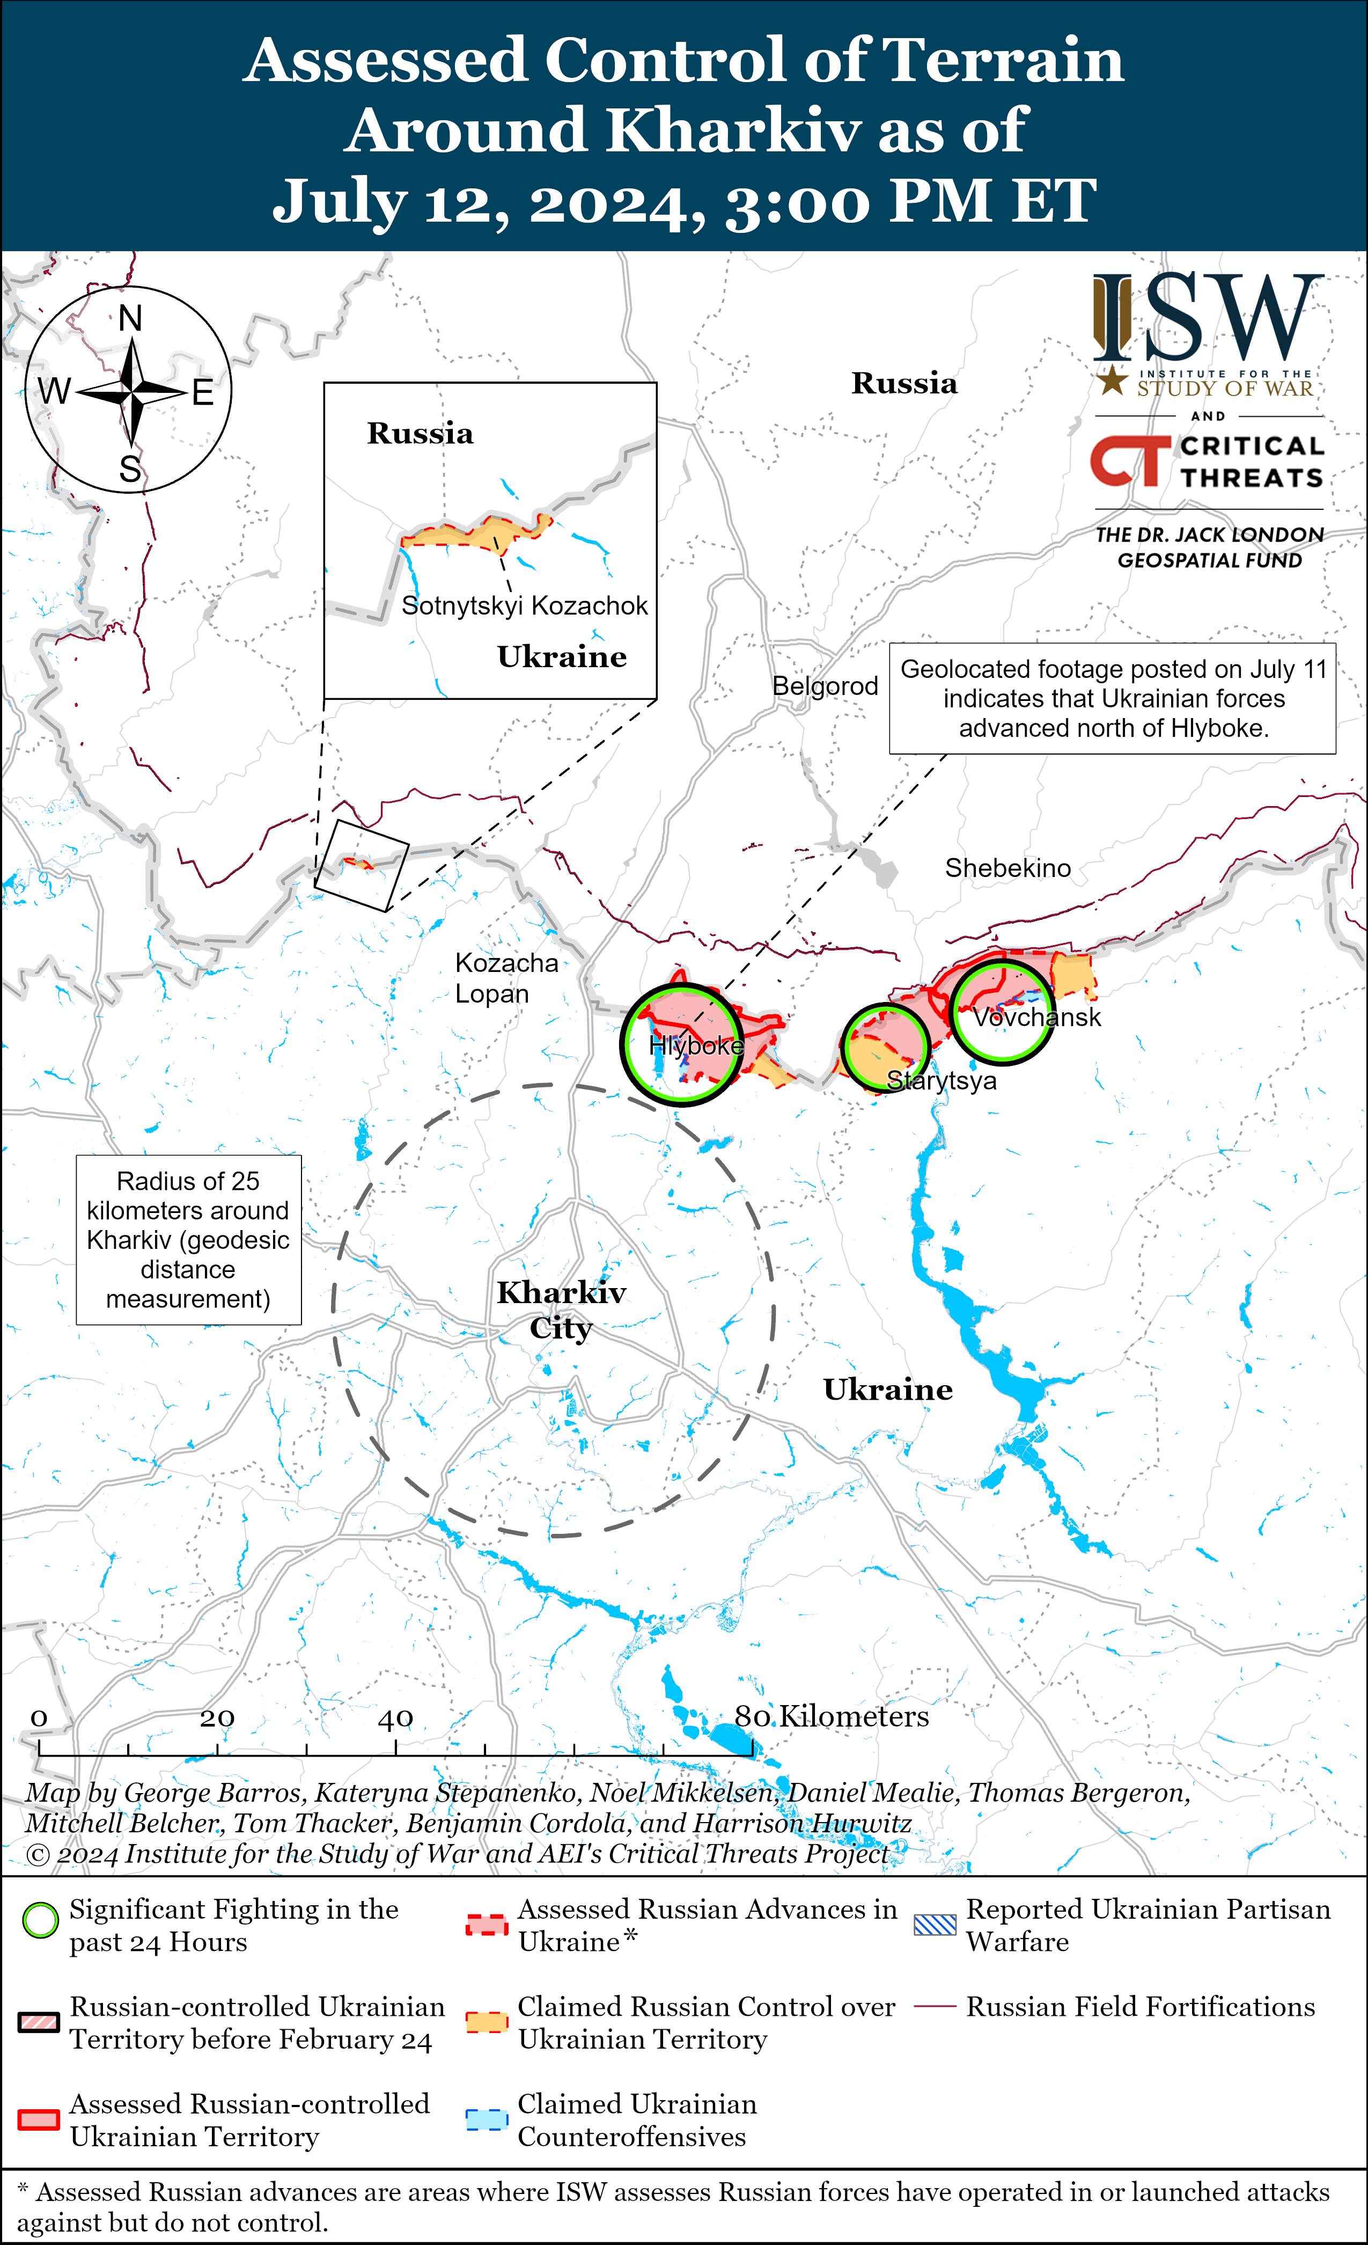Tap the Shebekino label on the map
point(1007,868)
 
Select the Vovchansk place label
point(1036,1018)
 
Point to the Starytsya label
point(942,1081)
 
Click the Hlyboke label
point(696,1046)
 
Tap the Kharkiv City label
point(561,1310)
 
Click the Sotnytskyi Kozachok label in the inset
point(525,606)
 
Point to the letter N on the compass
point(130,319)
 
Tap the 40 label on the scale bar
point(395,1719)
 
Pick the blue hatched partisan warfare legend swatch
point(936,1924)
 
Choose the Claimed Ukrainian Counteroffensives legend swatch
point(487,2119)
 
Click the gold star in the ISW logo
point(1111,381)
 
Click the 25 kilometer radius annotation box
point(188,1239)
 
